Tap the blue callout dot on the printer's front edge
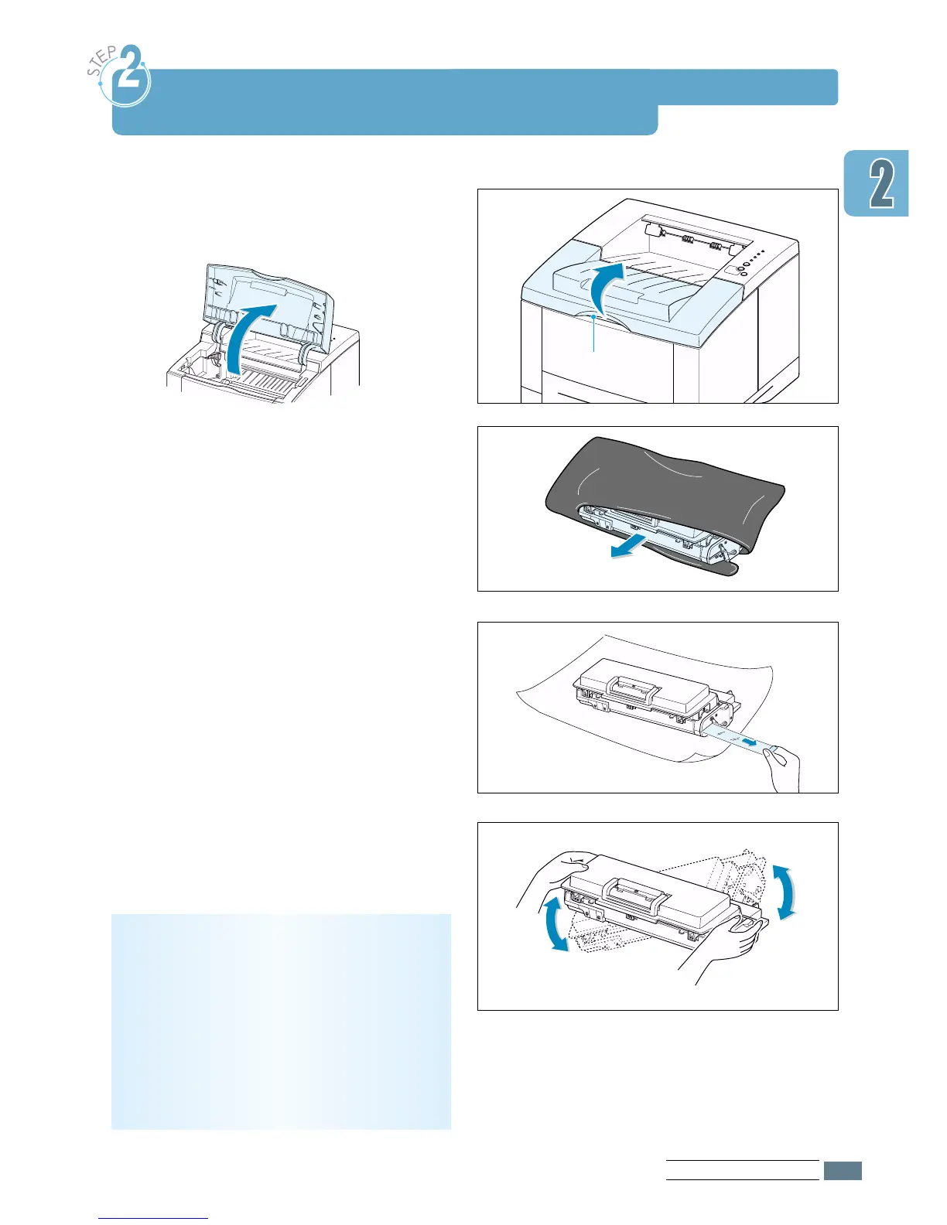click(593, 316)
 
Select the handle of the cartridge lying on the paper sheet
click(632, 684)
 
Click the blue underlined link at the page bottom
click(154, 1217)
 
